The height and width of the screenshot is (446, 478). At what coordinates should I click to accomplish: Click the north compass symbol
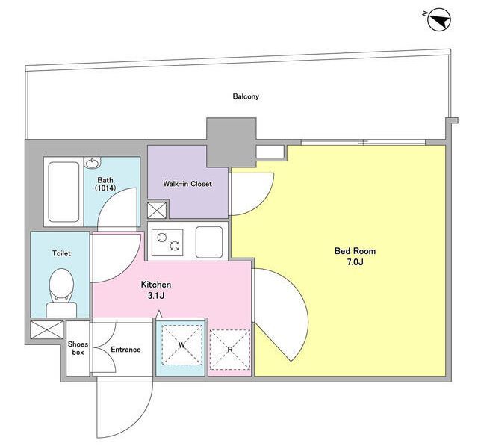pos(439,20)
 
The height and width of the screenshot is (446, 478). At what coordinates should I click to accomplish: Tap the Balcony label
pos(246,96)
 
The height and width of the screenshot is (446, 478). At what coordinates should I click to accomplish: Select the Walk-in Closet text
pos(187,184)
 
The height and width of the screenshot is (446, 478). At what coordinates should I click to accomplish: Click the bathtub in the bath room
pos(63,192)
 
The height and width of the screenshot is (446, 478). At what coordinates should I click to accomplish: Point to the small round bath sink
pos(93,164)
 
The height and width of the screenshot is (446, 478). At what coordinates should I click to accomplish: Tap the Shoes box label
pos(78,348)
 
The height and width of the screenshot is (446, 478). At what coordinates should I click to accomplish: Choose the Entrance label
pos(125,350)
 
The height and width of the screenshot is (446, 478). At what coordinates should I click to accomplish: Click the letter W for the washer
pos(181,345)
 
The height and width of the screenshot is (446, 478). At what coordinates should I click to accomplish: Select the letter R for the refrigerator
pos(230,350)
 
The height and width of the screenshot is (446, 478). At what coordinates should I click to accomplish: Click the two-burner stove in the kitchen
pos(167,242)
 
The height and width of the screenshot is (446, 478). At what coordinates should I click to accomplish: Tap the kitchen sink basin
pos(209,242)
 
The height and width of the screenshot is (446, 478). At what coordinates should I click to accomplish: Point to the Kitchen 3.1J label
pos(156,290)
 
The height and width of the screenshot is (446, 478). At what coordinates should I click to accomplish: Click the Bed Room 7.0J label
pos(355,256)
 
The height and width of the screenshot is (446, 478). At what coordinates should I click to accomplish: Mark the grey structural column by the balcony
pos(231,142)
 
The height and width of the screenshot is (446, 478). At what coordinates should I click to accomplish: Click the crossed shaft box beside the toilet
pos(47,329)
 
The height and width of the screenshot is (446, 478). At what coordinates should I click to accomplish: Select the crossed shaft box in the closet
pos(157,211)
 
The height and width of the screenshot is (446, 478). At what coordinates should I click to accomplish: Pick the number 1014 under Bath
pos(105,188)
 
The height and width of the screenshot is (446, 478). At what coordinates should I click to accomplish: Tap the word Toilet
pos(61,253)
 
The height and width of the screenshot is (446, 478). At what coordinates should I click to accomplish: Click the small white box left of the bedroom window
pos(270,152)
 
